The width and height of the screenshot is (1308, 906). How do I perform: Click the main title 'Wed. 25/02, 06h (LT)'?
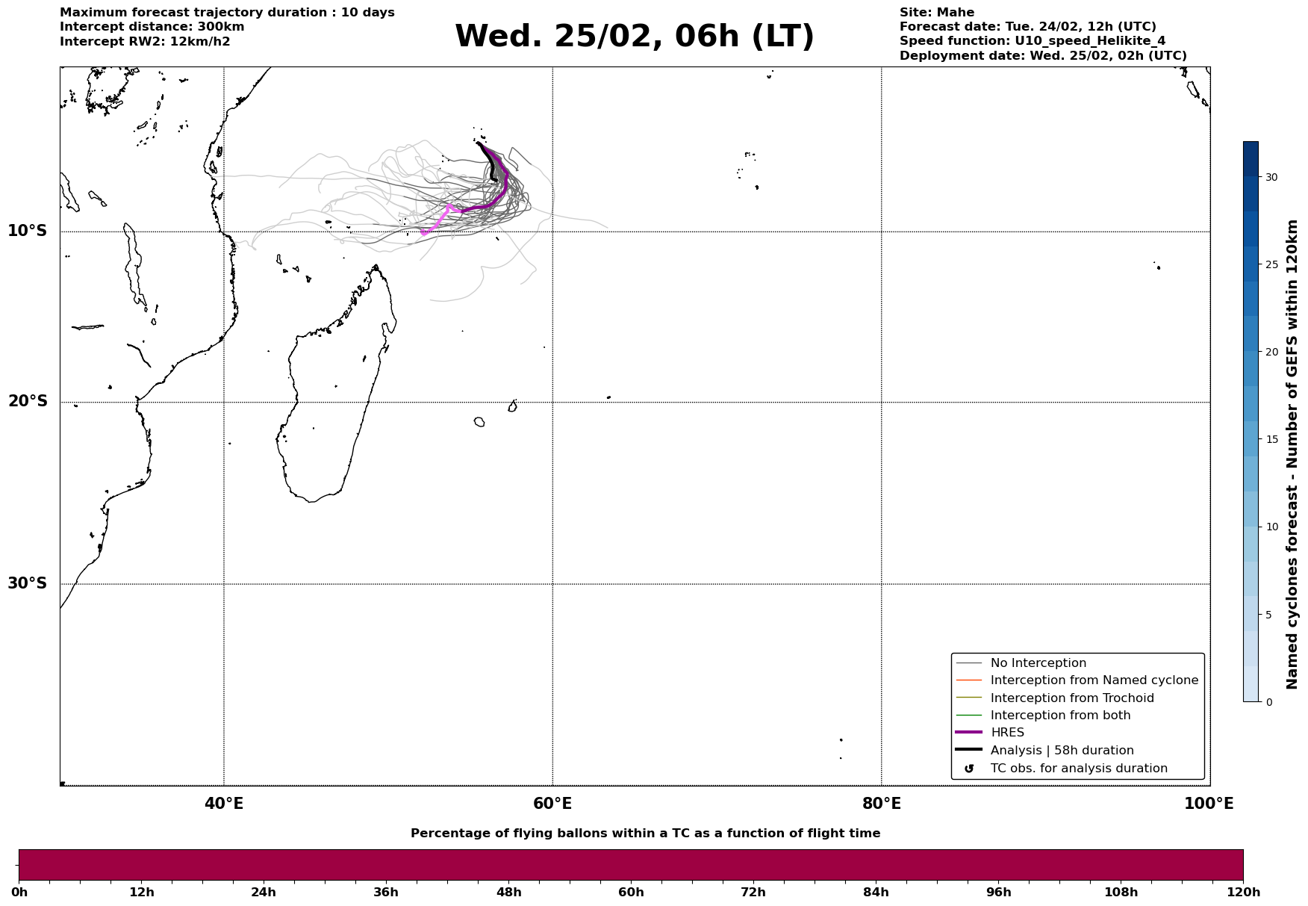point(634,37)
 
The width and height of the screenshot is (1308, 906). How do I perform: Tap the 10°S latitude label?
point(28,231)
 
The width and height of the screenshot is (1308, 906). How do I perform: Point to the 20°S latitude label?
point(28,402)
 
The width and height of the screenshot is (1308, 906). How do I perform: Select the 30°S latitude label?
point(28,583)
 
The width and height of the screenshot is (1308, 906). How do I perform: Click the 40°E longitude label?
point(224,804)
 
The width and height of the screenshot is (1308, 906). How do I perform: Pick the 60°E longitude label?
point(552,804)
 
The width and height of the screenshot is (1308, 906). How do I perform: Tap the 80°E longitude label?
point(881,804)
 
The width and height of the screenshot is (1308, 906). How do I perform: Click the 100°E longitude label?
point(1208,804)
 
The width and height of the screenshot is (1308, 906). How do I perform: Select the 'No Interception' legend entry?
point(1038,663)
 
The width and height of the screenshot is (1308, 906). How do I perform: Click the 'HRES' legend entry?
point(1007,733)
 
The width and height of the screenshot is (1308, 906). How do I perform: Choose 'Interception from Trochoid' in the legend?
point(1071,698)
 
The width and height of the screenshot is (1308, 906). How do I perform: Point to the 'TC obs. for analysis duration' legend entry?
point(1078,769)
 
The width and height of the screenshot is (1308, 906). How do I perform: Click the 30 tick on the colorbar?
point(1271,177)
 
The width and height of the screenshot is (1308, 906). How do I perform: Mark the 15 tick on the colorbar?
point(1271,439)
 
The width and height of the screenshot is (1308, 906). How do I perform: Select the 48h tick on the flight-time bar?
point(508,892)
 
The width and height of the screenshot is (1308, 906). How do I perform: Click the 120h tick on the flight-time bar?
point(1243,892)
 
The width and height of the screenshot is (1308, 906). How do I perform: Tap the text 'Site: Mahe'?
point(936,13)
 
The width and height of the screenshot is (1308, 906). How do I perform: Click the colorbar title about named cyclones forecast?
point(1293,454)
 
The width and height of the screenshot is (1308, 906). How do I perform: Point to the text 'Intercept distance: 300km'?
point(152,27)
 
